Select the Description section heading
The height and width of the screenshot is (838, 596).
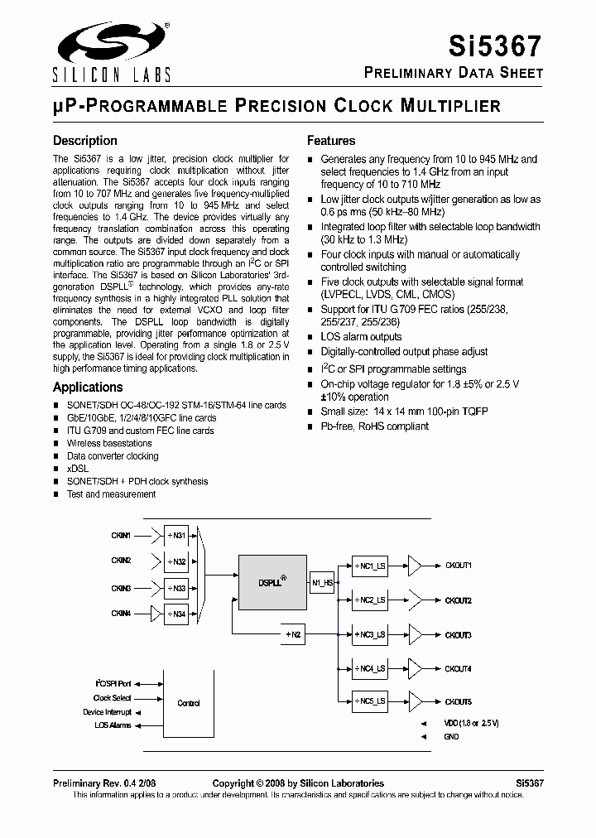85,141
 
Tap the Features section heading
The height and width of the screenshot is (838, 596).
331,141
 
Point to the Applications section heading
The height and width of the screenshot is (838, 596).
88,387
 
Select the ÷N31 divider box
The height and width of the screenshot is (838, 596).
175,536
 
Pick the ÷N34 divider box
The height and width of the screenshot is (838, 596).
175,614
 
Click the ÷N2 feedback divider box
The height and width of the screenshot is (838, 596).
294,635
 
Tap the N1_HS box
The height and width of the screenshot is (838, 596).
322,582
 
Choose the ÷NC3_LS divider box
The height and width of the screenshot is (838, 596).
369,635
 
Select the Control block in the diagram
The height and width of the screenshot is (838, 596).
189,703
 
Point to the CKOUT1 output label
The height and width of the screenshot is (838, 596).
458,566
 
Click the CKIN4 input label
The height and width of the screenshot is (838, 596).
122,614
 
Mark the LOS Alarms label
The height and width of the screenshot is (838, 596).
113,725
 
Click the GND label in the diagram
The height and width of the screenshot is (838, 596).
451,736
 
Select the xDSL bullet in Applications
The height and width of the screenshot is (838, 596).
76,469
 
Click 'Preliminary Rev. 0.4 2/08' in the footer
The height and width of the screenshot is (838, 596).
103,783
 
